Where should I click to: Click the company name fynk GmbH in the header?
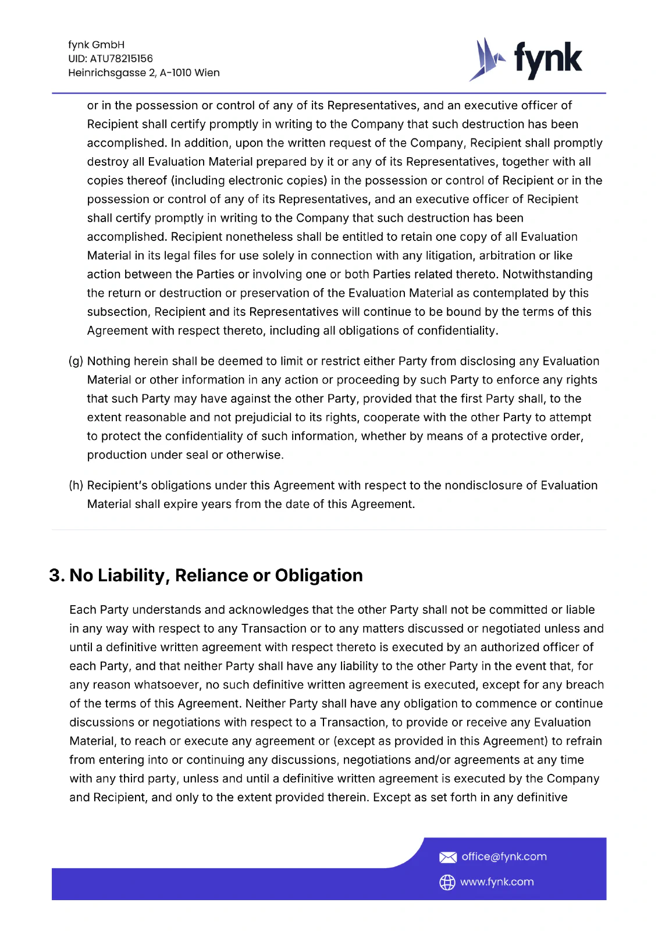pos(96,45)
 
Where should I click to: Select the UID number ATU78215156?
pos(121,59)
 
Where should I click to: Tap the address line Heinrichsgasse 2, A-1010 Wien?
pos(144,73)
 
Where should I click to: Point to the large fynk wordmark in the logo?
pos(547,59)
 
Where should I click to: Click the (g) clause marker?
pos(76,361)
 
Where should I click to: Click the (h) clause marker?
pos(76,485)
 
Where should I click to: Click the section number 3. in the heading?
pos(57,575)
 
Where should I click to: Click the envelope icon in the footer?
pos(447,857)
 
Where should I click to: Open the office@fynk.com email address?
pos(504,857)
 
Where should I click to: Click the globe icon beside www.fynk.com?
pos(447,882)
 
